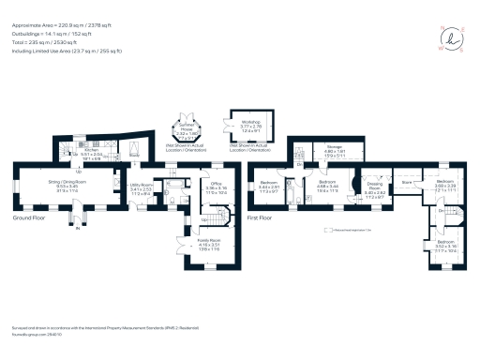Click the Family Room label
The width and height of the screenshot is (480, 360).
208,244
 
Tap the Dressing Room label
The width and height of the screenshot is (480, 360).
375,194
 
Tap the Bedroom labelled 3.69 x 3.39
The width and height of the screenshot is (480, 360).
445,187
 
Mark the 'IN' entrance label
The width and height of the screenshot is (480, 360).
79,236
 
